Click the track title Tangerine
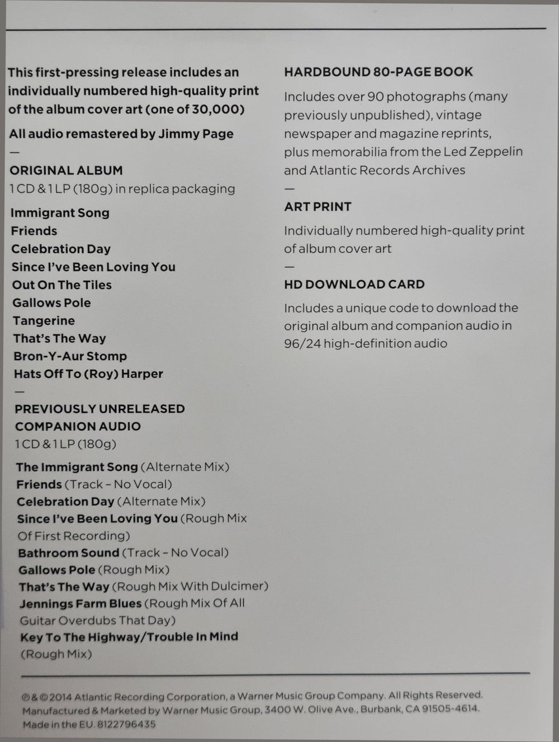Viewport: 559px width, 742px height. [x=44, y=321]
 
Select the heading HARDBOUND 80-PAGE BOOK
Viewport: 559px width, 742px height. [x=378, y=72]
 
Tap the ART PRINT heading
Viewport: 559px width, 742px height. [x=318, y=207]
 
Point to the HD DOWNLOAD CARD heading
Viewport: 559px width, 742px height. [x=354, y=285]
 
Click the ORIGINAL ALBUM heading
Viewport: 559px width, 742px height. [x=66, y=171]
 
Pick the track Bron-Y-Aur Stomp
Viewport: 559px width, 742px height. [x=70, y=356]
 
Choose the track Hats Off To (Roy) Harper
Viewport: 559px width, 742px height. [x=88, y=374]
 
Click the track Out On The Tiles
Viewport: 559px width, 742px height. [x=61, y=285]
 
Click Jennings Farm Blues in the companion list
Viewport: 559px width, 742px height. [x=80, y=604]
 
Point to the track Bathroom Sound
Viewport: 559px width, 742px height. [x=68, y=553]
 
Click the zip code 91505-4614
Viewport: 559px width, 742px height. [x=449, y=709]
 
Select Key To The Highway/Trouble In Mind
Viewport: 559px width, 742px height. [x=129, y=637]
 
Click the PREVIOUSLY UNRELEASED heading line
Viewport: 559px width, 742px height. [x=100, y=409]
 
